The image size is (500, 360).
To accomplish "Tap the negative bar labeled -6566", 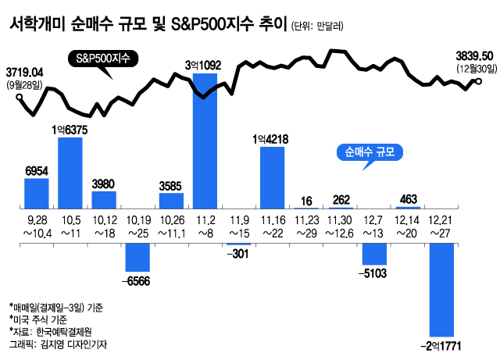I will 137,257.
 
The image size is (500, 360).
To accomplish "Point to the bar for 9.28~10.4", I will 37,193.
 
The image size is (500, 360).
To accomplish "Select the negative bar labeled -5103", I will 374,255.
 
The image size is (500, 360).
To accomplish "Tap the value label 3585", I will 171,186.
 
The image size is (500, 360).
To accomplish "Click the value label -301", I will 238,253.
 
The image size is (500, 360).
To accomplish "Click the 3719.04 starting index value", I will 25,72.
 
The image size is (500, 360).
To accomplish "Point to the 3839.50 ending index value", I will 475,56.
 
